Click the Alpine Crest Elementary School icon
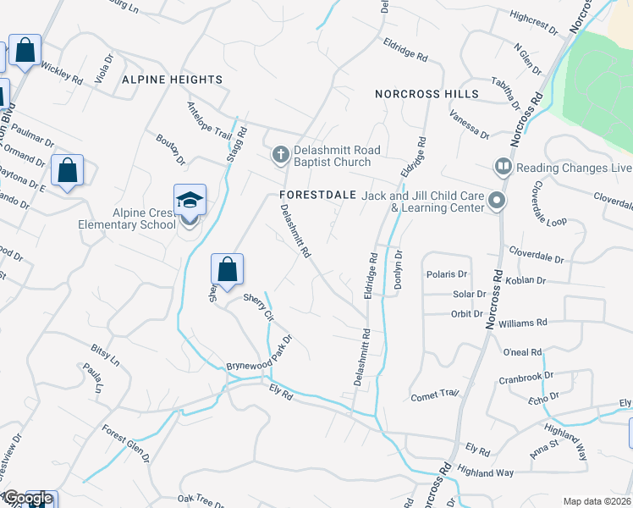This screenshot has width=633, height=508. (x=190, y=202)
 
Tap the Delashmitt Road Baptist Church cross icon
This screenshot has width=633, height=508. (x=280, y=155)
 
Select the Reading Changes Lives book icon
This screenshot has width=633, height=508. (x=503, y=167)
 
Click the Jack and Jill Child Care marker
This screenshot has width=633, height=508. (x=497, y=202)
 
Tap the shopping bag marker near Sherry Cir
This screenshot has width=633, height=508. (x=227, y=271)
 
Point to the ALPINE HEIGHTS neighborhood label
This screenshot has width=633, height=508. (x=172, y=80)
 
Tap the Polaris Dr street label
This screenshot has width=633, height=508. (x=447, y=274)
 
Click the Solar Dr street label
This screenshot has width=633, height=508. (x=469, y=295)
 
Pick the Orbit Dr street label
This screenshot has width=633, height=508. (x=467, y=313)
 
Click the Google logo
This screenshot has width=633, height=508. (x=26, y=498)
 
